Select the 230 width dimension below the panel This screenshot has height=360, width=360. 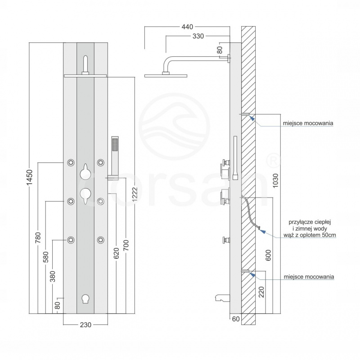pyautogui.click(x=85, y=325)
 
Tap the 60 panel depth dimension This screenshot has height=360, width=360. pyautogui.click(x=235, y=320)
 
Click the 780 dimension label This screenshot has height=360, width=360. pyautogui.click(x=38, y=238)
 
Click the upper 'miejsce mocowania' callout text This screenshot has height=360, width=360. pyautogui.click(x=308, y=122)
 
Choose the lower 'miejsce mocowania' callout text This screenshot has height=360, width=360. pyautogui.click(x=308, y=277)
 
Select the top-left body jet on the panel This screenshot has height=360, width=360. pyautogui.click(x=71, y=162)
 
